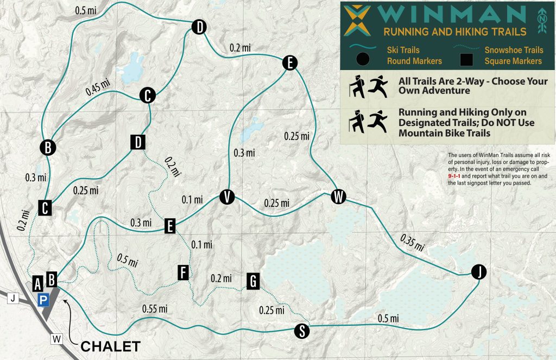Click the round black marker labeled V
(x=226, y=197)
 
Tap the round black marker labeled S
(x=301, y=331)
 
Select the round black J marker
(x=478, y=272)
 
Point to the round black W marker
(x=338, y=197)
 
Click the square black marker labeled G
(x=252, y=281)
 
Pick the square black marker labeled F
(x=183, y=273)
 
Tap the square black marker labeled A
(x=37, y=283)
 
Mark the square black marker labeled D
(x=138, y=142)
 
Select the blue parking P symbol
(x=43, y=299)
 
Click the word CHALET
(x=111, y=346)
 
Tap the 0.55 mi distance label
(x=154, y=309)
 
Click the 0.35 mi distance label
(x=412, y=242)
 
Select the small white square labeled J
(x=14, y=298)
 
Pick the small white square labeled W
(x=57, y=339)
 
